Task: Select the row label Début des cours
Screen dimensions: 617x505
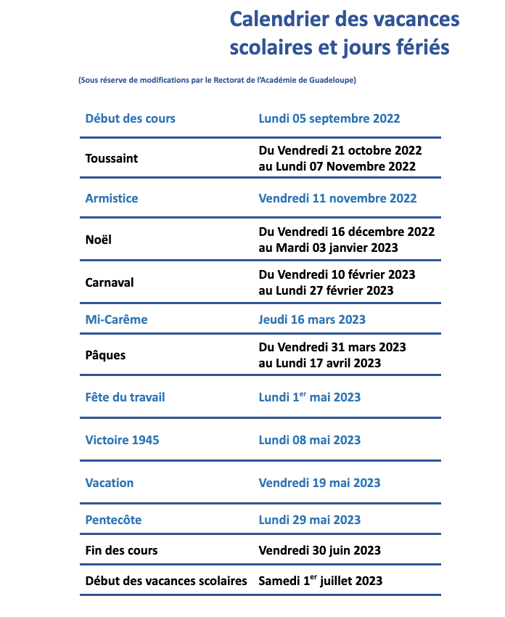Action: pos(130,118)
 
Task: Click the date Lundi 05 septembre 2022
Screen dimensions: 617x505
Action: pos(329,118)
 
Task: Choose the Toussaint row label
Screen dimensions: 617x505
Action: pos(111,158)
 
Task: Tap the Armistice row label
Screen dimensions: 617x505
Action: pos(111,198)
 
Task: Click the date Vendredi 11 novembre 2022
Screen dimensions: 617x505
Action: pos(337,198)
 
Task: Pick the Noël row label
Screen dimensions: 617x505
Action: pos(99,240)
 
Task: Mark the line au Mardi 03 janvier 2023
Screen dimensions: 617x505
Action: pos(328,248)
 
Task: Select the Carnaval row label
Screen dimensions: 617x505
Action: pos(110,282)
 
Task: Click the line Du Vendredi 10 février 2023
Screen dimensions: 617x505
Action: pos(337,274)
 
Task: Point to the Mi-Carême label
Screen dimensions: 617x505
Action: pos(116,319)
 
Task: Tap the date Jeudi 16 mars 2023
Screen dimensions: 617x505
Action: pos(312,319)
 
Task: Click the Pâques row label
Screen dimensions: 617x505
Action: pos(105,355)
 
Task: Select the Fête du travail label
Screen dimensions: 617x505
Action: pos(125,397)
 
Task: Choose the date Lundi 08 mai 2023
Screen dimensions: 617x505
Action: pos(309,440)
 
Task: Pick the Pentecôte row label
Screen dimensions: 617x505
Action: pos(113,520)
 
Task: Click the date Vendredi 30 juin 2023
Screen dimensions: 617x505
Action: pos(319,550)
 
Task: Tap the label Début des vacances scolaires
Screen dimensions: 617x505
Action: pos(166,581)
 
